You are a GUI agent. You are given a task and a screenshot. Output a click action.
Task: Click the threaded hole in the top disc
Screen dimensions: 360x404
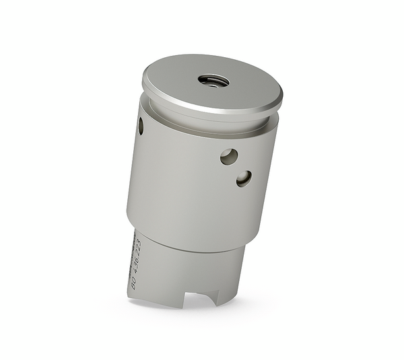coord(213,81)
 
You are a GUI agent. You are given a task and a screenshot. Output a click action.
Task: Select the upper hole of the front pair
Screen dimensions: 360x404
coord(228,156)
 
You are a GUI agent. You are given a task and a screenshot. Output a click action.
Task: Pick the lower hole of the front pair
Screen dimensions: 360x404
coord(244,178)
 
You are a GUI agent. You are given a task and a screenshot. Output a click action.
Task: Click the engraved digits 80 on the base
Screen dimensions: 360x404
coord(133,282)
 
